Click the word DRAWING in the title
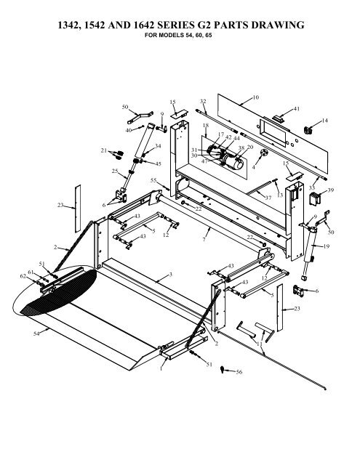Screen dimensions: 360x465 coord(278,25)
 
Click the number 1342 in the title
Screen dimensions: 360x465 coord(68,25)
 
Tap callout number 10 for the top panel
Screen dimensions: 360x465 coord(255,97)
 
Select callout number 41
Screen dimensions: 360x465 coord(297,109)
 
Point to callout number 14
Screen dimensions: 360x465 coord(324,121)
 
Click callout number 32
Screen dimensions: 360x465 coord(203,102)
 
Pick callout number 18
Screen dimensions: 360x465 coord(206,126)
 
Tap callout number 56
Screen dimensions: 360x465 coord(239,372)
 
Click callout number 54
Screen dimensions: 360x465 coord(36,333)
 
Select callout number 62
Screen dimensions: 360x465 coord(23,276)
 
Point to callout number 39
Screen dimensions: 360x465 coord(330,190)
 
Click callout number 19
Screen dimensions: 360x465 coord(326,246)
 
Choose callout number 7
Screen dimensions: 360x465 coord(204,239)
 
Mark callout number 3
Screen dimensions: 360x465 coord(170,275)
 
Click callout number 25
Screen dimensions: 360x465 coord(115,171)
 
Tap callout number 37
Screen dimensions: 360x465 coord(268,198)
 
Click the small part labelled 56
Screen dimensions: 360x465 coord(222,369)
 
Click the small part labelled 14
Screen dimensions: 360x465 coord(308,130)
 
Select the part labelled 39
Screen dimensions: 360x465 coord(314,198)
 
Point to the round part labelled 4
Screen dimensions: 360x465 coord(264,153)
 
